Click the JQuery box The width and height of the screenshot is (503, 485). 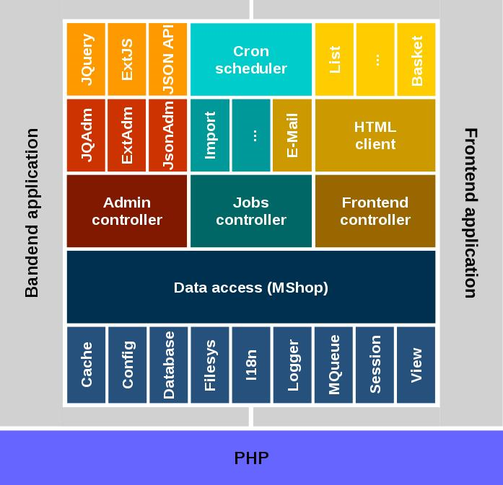click(86, 59)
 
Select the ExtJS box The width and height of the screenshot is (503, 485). click(127, 59)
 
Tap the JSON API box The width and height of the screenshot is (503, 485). click(168, 59)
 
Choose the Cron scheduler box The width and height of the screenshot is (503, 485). click(251, 60)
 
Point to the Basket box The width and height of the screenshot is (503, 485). click(417, 59)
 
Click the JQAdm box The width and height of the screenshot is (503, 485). click(86, 135)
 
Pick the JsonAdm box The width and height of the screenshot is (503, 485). click(168, 135)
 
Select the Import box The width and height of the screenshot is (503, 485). click(210, 135)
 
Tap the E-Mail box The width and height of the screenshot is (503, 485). click(292, 135)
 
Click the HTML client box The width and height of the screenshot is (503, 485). click(375, 135)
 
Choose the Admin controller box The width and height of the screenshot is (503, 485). click(127, 211)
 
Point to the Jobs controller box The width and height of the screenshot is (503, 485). click(251, 211)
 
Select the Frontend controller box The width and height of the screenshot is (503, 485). click(375, 211)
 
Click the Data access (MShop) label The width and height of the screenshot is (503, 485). click(251, 288)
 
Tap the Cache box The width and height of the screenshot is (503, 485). click(86, 365)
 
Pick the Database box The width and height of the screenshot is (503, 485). click(168, 365)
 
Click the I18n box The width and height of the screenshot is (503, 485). click(251, 365)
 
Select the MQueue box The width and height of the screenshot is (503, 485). click(334, 365)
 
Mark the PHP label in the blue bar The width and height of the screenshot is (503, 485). click(251, 458)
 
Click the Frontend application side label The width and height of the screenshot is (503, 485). click(470, 213)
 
